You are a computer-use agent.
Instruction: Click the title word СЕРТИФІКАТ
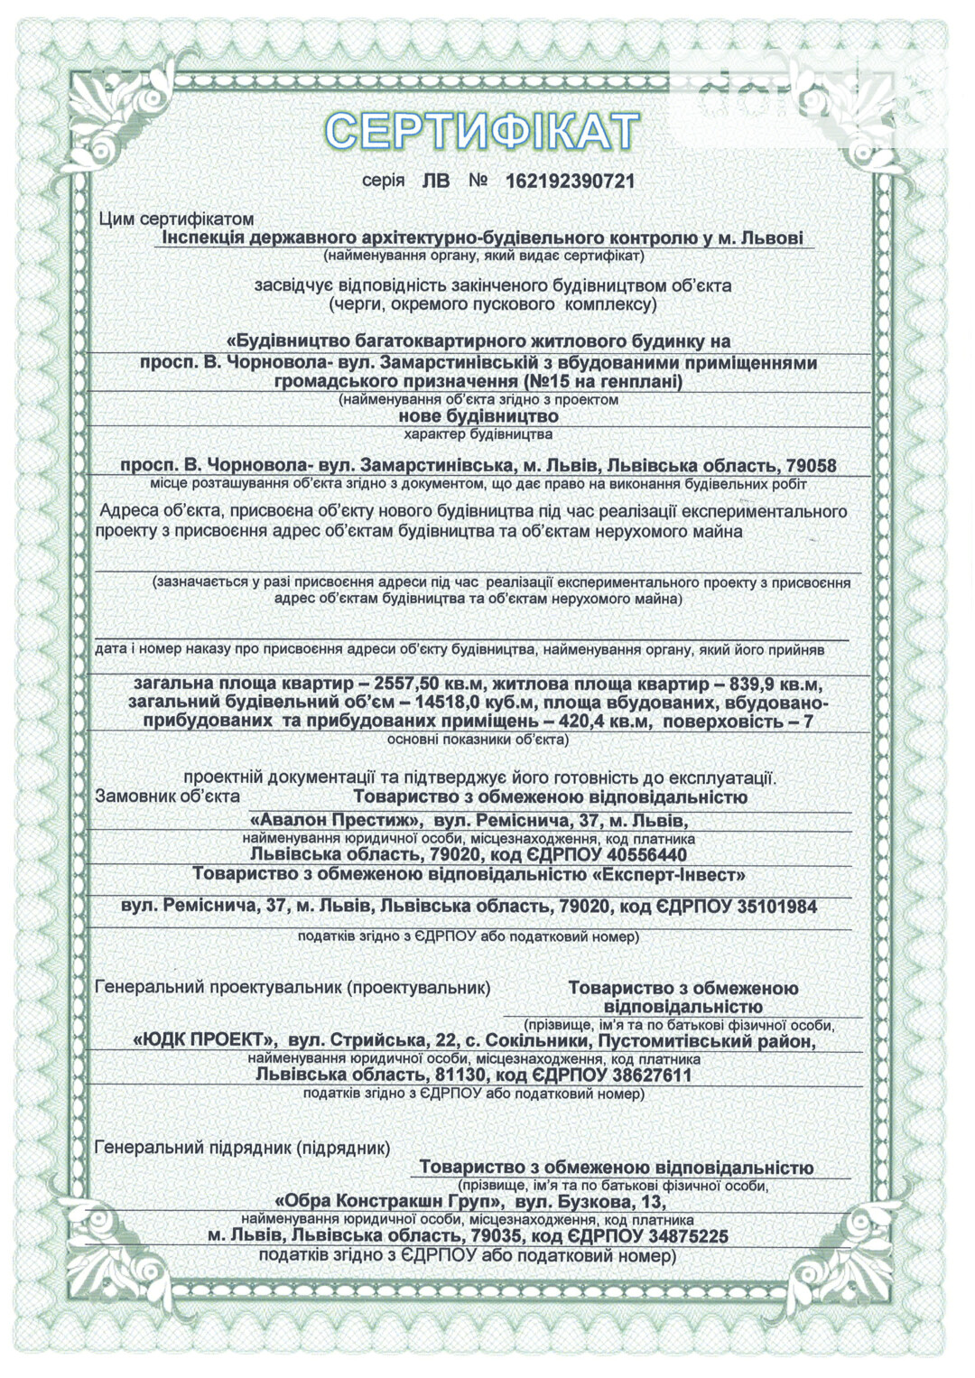pos(482,131)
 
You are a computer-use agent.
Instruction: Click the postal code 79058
pos(811,467)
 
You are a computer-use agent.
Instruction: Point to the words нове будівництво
pos(478,417)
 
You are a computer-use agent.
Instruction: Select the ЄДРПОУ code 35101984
pos(774,906)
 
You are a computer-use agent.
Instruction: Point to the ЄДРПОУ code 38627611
pos(649,1075)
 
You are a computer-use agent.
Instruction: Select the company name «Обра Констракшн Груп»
pos(389,1202)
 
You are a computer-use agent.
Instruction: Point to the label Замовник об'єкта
pos(168,796)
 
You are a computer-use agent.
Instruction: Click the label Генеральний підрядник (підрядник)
pos(242,1149)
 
